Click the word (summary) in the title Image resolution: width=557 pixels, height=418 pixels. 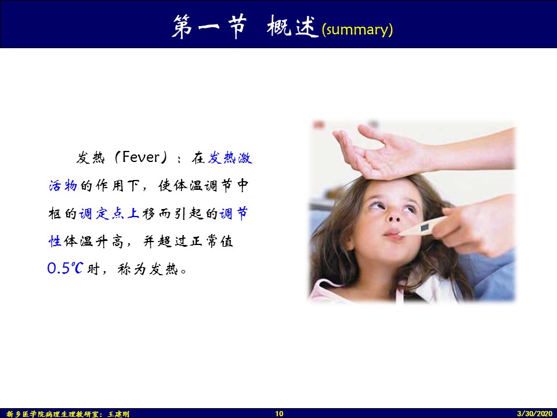click(357, 30)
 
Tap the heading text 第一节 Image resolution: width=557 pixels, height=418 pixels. click(209, 27)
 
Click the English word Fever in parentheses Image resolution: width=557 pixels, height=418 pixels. click(141, 157)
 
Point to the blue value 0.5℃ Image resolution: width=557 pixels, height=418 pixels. click(66, 268)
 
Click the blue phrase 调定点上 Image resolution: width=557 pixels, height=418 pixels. click(108, 213)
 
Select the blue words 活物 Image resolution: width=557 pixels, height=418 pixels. click(63, 186)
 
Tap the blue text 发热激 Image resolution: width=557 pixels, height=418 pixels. click(230, 157)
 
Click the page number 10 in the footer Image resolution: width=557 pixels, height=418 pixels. click(279, 413)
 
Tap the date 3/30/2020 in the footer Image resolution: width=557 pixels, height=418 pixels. click(534, 413)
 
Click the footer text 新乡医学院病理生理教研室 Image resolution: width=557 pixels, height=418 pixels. click(53, 414)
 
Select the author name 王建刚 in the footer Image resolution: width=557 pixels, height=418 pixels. click(118, 414)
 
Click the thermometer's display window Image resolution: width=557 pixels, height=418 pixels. click(425, 227)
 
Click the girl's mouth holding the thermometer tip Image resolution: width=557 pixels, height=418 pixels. click(393, 234)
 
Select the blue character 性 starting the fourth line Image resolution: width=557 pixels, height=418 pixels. click(55, 241)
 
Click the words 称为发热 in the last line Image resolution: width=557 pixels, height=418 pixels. click(147, 269)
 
